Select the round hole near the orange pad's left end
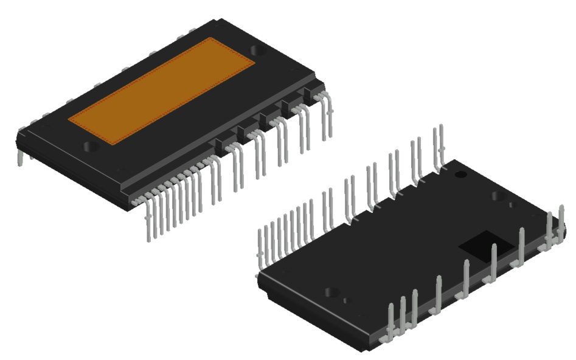91,146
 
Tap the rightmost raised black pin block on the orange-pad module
313,92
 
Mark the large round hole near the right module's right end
498,196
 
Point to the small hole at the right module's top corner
461,175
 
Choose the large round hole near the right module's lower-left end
332,292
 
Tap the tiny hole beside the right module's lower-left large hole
347,300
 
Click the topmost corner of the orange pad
209,38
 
